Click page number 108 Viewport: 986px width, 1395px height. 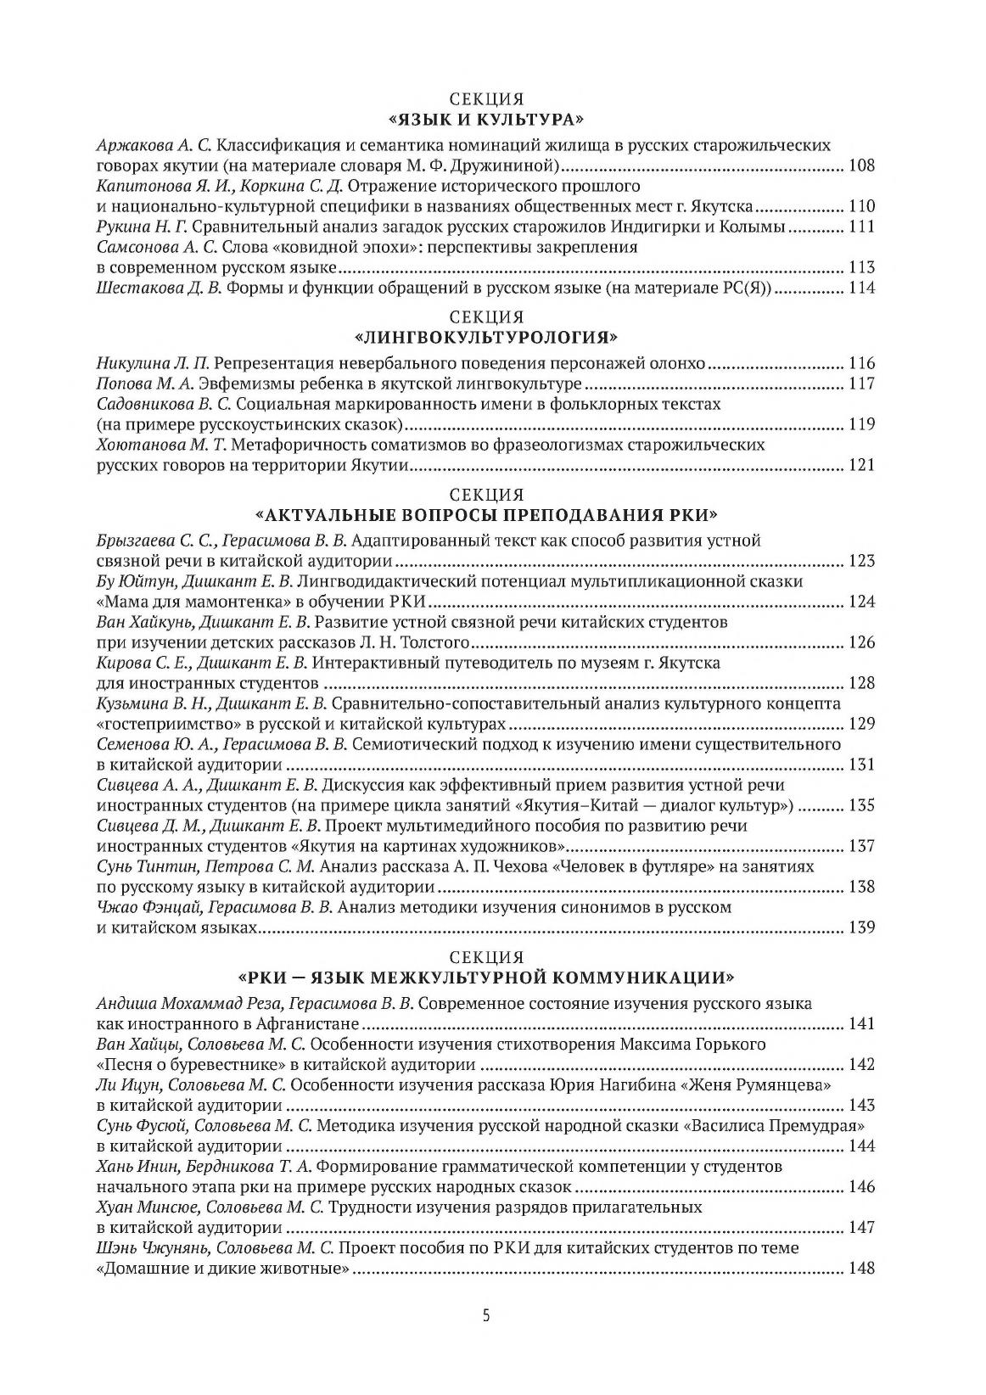861,165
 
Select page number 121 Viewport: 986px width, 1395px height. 861,465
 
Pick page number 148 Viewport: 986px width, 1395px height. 861,1269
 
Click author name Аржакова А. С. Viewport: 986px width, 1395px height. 153,145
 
